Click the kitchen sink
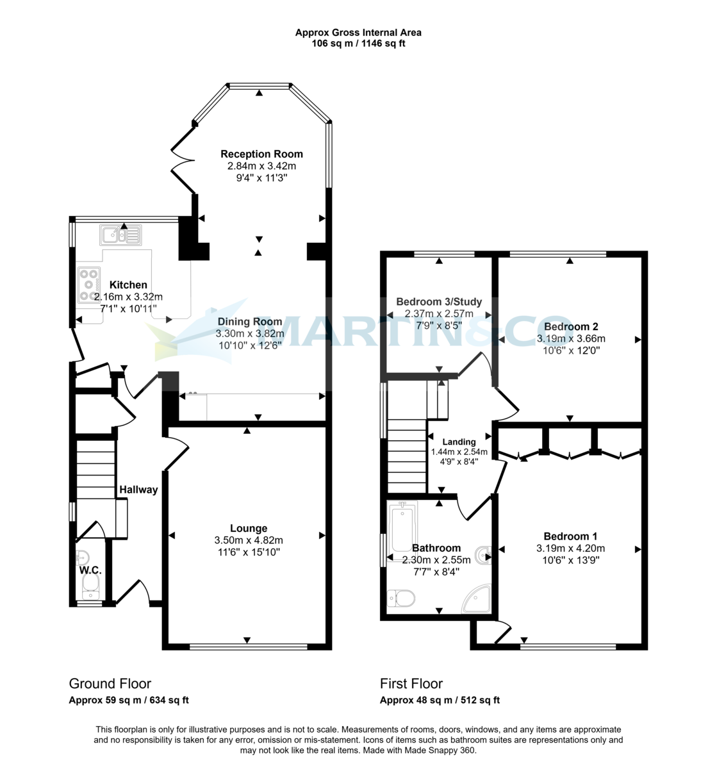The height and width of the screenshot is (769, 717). tap(120, 235)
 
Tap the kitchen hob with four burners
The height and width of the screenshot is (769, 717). tap(88, 285)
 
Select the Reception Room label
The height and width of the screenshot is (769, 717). tap(261, 154)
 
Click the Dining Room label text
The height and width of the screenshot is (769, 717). tap(249, 322)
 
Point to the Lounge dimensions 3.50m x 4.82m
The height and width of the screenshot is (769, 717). tap(249, 540)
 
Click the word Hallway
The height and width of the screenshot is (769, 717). tap(138, 490)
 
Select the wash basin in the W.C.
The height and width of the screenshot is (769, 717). tap(83, 558)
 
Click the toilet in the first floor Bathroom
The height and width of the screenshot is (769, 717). tap(401, 599)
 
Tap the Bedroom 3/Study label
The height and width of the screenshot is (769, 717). tap(439, 301)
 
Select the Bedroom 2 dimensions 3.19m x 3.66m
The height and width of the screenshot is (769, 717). tap(570, 338)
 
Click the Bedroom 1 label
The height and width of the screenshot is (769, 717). tap(570, 536)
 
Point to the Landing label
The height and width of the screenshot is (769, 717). tap(459, 442)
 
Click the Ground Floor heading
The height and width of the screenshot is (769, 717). tap(110, 694)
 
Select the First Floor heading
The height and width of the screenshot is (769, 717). tap(411, 694)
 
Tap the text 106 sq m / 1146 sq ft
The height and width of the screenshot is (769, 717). tap(358, 44)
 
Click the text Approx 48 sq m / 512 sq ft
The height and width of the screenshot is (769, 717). tap(440, 711)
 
